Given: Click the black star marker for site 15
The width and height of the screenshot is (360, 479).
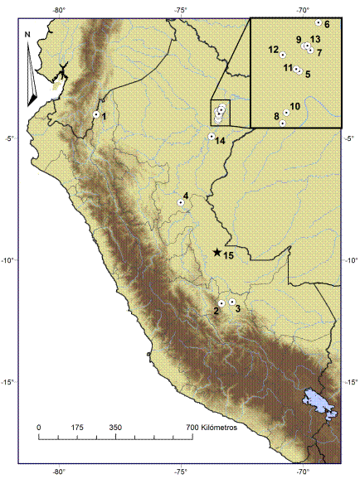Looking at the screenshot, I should (217, 252).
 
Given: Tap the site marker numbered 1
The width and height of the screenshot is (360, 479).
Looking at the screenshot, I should (96, 114).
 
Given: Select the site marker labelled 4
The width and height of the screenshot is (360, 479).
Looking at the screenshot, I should (181, 202).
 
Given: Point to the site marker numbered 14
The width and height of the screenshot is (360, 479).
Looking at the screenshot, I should (212, 136).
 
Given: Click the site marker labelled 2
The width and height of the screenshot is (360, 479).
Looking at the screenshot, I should (221, 302).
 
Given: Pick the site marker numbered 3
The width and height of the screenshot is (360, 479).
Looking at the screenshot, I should (232, 302).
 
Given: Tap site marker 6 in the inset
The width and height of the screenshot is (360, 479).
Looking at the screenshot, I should (319, 22).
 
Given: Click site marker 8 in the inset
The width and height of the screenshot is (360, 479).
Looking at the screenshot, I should (283, 123).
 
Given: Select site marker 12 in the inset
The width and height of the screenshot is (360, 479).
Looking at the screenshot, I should (283, 55).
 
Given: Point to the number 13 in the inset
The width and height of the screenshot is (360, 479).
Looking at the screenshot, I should (315, 39).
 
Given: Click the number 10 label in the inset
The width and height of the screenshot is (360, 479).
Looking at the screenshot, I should (295, 106).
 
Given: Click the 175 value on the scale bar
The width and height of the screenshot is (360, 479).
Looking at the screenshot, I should (77, 427).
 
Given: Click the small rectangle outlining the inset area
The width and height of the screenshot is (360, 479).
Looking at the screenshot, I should (221, 113).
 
